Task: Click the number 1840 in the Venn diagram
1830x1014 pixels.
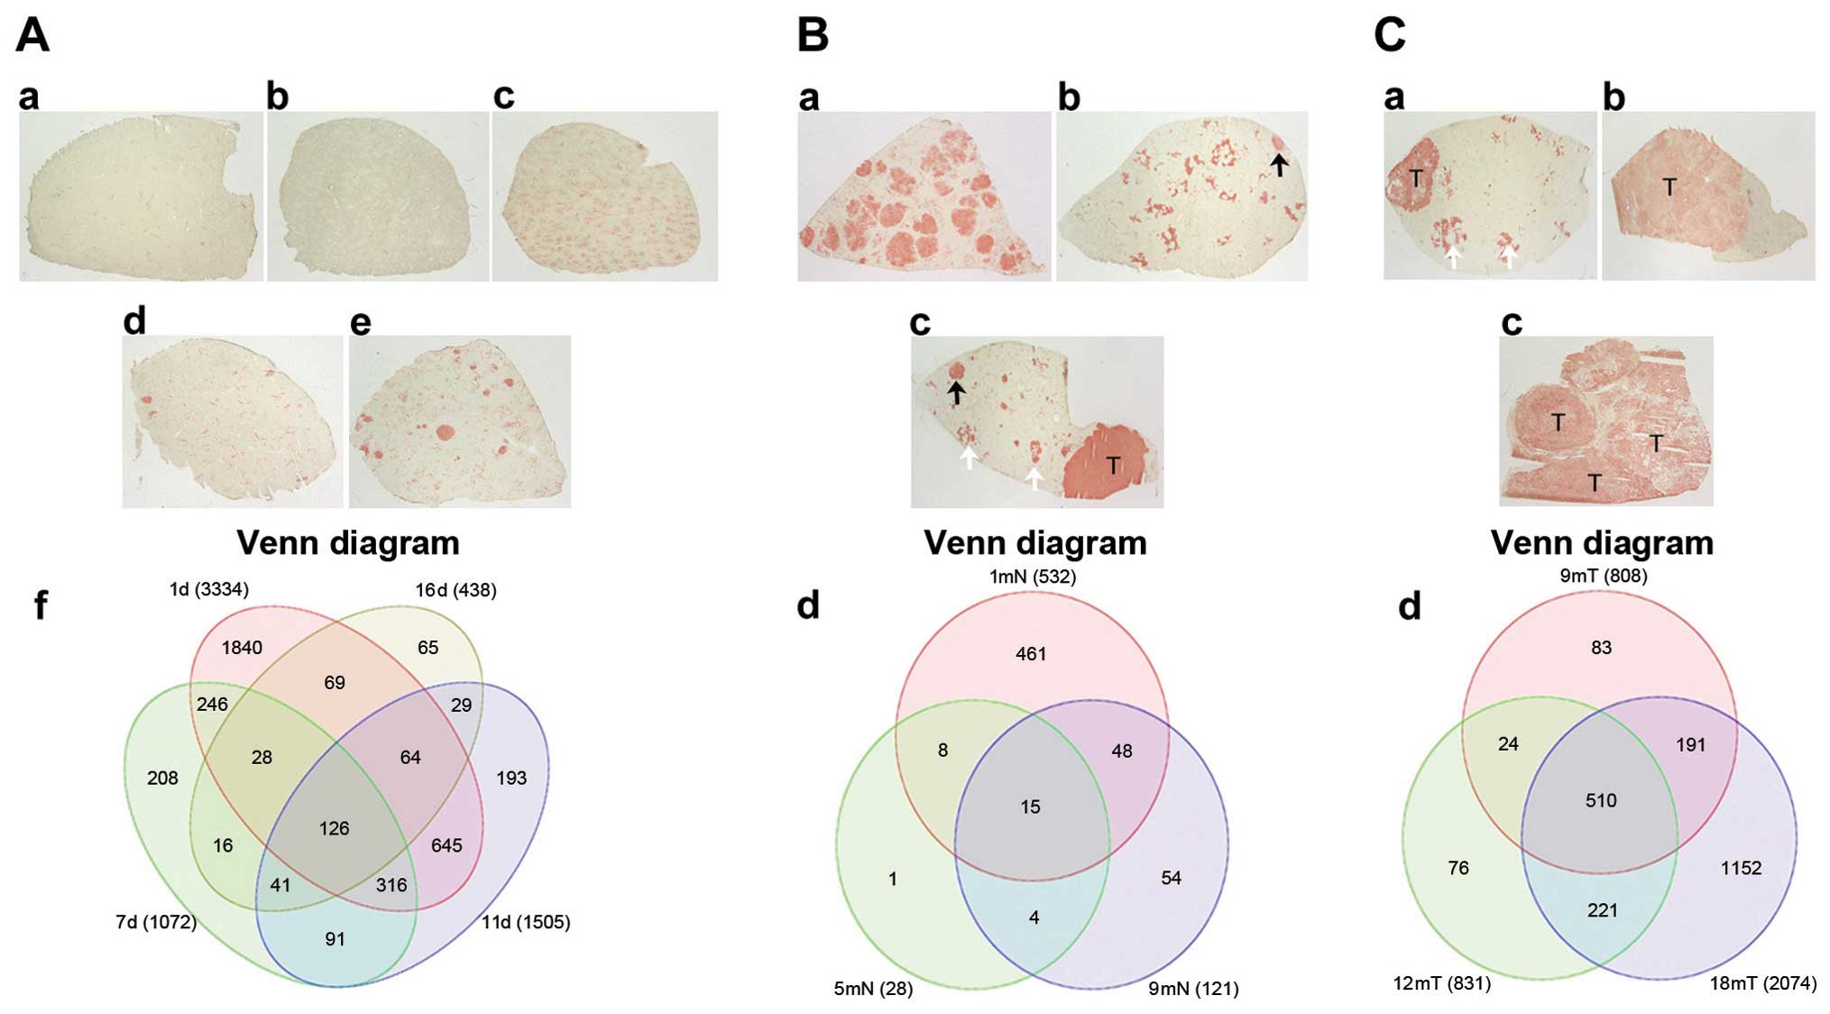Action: (x=242, y=648)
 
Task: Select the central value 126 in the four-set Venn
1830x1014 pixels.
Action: (x=334, y=828)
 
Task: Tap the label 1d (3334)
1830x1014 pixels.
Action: (x=208, y=589)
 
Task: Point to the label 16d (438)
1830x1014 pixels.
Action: (x=455, y=590)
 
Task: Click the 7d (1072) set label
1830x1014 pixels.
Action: (x=156, y=922)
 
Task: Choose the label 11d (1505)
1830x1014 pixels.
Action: (x=526, y=922)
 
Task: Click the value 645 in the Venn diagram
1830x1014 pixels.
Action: (x=446, y=845)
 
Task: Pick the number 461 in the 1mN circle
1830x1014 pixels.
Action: (x=1031, y=654)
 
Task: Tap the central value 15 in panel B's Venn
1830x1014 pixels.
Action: (x=1030, y=807)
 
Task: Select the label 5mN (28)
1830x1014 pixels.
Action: (x=873, y=989)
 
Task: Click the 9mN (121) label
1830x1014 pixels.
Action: (x=1193, y=989)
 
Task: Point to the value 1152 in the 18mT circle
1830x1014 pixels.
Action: (x=1741, y=868)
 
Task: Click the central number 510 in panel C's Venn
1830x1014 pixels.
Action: (x=1601, y=800)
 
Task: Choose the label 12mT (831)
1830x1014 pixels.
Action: (x=1441, y=983)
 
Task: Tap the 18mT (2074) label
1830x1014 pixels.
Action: (x=1763, y=983)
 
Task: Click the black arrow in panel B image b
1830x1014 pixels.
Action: (x=1279, y=164)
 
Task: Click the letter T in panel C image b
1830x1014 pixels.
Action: (x=1669, y=187)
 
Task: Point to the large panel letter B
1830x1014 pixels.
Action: (x=813, y=35)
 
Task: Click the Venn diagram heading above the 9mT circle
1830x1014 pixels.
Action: (x=1602, y=543)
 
